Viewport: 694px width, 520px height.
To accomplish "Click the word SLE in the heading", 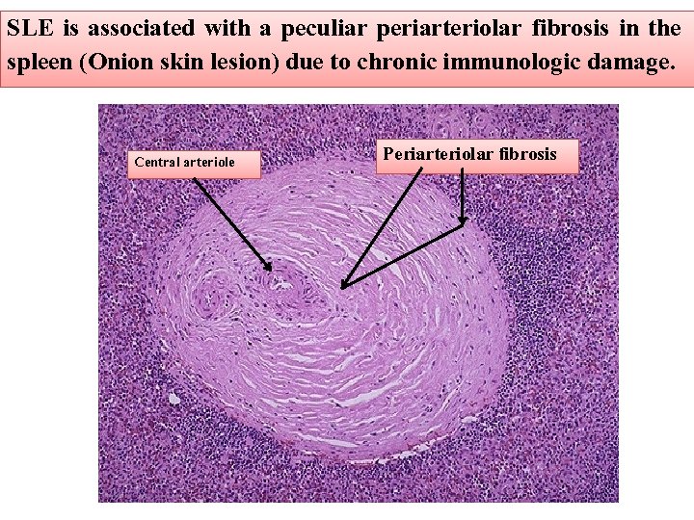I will pyautogui.click(x=30, y=27).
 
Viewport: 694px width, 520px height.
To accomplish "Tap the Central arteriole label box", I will pyautogui.click(x=184, y=163).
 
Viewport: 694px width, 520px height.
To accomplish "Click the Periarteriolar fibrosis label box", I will pyautogui.click(x=470, y=154).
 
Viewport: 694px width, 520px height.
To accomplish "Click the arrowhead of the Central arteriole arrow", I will pyautogui.click(x=270, y=267).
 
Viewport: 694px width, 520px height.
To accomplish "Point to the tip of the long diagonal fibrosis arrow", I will pyautogui.click(x=343, y=286).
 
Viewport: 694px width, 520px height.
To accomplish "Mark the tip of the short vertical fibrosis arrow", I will pyautogui.click(x=463, y=223).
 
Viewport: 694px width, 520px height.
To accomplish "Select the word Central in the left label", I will pyautogui.click(x=157, y=163).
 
